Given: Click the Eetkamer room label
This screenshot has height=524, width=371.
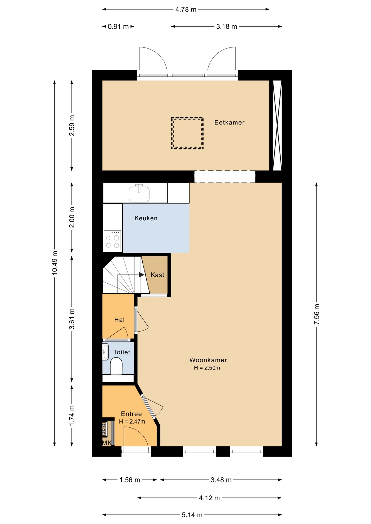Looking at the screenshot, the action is point(229,123).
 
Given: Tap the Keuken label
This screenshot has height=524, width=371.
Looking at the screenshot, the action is point(146,218).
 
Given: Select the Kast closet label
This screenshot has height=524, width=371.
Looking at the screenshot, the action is point(157,275).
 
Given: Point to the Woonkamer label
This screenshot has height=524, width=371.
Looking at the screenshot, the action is point(208,360).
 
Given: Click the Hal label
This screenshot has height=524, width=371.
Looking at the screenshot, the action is point(119,320).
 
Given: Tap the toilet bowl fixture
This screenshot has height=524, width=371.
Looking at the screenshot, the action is point(116,366).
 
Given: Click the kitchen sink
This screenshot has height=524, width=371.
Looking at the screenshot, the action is point(139,193).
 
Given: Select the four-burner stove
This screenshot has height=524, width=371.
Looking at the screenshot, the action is point(113,240).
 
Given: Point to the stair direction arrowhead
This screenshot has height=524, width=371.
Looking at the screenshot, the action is point(142,275).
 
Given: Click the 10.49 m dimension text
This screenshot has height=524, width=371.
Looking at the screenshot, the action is point(55,263).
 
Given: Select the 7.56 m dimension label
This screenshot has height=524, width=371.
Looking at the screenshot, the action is point(316,314).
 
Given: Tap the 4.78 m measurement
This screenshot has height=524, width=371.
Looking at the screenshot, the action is point(186,10).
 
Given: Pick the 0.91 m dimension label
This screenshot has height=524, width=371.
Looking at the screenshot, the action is point(118,27).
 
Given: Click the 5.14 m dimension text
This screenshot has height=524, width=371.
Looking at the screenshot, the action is point(192,515).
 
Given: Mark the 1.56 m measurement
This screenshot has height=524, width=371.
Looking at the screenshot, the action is point(129,480).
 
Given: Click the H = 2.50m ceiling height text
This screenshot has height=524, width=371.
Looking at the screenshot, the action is point(207,368).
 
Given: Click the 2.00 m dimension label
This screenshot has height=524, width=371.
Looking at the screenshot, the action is point(72,217).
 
